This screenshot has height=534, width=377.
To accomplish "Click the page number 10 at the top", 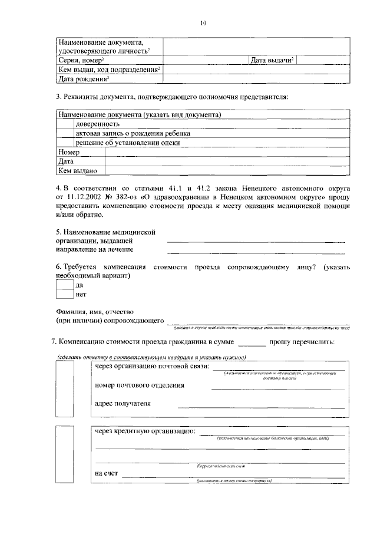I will (203, 24).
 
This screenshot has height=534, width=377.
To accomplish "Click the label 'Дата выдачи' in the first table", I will (272, 61).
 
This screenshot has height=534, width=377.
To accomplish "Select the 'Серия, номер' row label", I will (81, 61).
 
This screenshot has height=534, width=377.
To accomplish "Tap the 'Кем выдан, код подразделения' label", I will (110, 70).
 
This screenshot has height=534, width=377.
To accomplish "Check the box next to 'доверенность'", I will (65, 124).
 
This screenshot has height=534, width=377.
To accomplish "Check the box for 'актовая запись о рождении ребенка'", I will (65, 134).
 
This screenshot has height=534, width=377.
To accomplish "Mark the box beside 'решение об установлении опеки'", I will (65, 143).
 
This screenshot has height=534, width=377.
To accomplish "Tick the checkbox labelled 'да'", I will (65, 285).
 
